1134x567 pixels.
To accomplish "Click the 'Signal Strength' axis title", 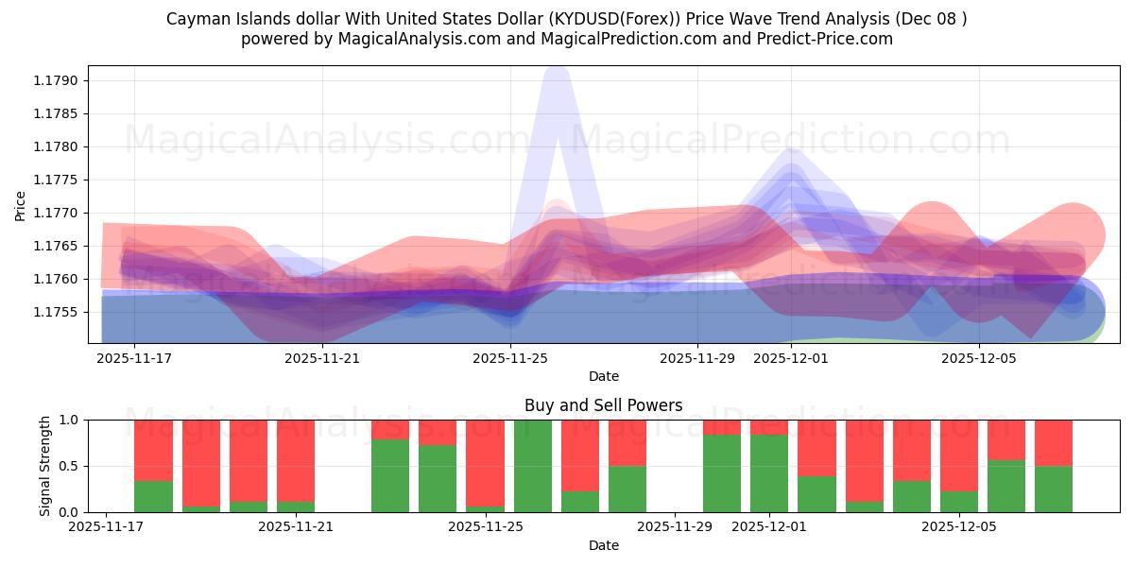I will (45, 466).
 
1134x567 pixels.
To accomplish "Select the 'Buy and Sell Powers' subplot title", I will (603, 405).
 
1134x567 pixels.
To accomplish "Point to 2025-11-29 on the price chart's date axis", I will (697, 358).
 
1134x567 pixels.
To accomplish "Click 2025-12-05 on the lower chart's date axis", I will (959, 526).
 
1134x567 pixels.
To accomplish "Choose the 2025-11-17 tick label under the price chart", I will (134, 358).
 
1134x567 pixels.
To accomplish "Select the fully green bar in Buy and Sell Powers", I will (533, 466).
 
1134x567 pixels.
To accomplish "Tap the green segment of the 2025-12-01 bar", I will (769, 473).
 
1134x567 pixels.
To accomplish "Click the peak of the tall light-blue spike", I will (557, 76).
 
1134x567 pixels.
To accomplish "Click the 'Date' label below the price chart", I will (603, 376).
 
